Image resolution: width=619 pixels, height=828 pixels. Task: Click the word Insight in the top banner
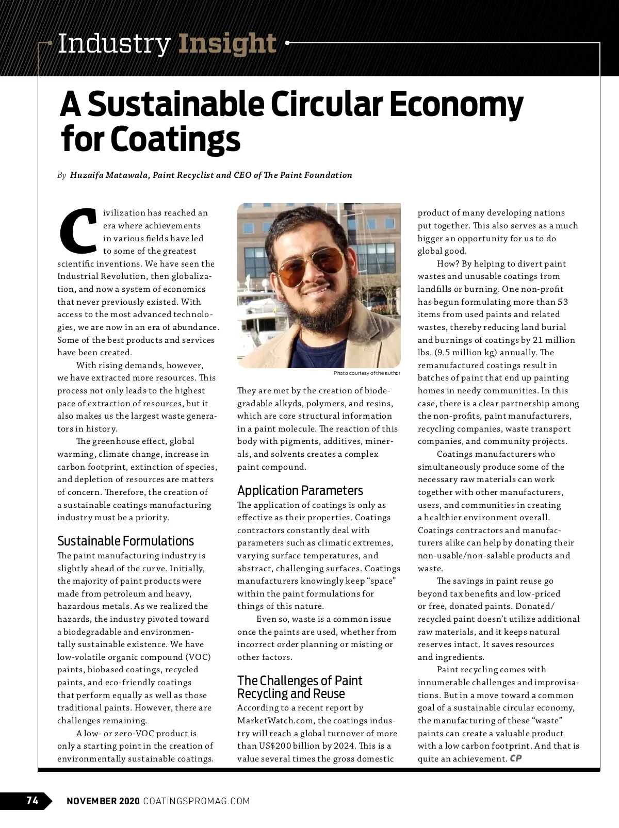(x=227, y=44)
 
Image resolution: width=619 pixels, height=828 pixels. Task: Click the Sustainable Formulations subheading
(x=125, y=541)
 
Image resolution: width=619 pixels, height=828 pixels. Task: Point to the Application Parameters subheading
(x=300, y=490)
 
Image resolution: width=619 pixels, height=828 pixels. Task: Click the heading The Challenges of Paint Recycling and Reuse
(x=299, y=687)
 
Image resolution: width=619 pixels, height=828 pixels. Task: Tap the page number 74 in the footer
(x=32, y=801)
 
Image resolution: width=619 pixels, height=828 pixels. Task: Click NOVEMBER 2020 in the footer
(x=103, y=801)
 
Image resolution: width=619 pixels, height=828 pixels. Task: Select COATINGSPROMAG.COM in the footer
(x=197, y=801)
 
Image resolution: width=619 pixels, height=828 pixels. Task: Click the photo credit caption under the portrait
(x=366, y=373)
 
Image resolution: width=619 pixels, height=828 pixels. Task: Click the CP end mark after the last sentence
(x=515, y=758)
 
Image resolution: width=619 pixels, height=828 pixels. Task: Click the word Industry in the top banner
(x=114, y=44)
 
